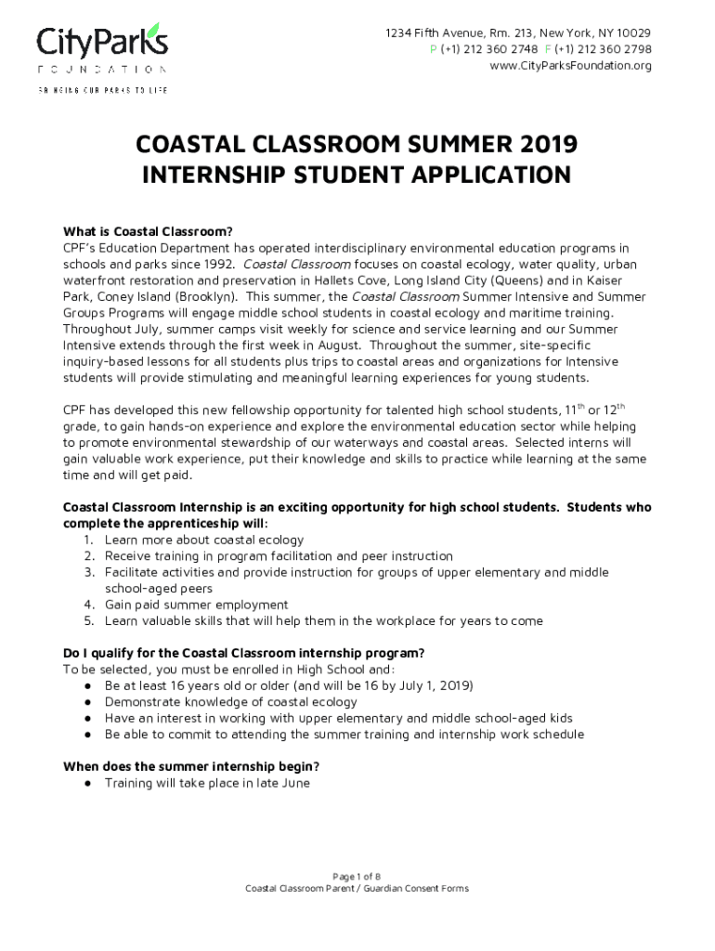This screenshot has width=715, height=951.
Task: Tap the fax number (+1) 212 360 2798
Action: [603, 49]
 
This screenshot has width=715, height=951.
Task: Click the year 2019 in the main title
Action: [542, 145]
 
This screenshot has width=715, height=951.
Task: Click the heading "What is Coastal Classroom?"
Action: [146, 231]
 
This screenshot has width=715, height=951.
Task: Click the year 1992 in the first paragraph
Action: [202, 265]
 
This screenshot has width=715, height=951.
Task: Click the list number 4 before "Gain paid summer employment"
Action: [87, 605]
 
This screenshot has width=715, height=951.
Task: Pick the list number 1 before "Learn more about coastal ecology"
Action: [87, 540]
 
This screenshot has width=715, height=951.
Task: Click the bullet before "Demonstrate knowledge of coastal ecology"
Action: [86, 702]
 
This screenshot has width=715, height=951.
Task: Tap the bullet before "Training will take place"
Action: [86, 783]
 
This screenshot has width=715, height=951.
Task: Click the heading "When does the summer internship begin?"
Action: [191, 766]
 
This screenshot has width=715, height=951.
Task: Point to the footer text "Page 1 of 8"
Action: [357, 876]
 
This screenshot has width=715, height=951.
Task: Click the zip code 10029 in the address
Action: [632, 33]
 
